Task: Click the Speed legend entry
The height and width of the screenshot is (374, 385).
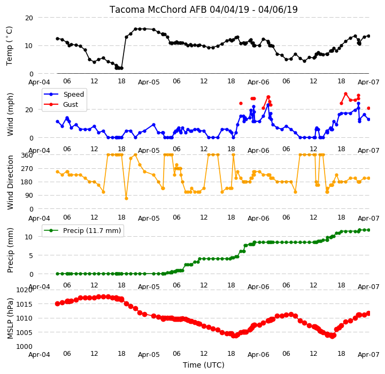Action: coord(64,94)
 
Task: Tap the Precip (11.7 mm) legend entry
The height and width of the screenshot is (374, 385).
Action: coord(82,231)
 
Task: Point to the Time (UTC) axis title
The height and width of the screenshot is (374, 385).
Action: coord(204,365)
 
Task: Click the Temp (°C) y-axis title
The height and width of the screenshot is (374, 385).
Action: coord(9,46)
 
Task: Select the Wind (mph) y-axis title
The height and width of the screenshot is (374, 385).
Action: coord(10,115)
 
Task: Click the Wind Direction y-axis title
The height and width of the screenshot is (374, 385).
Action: coord(10,182)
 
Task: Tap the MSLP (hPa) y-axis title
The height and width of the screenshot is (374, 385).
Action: coord(10,318)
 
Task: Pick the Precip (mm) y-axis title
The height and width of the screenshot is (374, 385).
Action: coord(10,251)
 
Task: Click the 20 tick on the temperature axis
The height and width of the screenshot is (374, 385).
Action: coord(29,18)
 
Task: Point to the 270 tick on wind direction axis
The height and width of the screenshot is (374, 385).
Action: coord(27,169)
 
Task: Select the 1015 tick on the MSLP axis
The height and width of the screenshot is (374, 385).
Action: coord(25,305)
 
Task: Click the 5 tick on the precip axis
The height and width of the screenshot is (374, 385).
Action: coord(31,255)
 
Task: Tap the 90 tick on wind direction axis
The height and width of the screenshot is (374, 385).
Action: coord(29,196)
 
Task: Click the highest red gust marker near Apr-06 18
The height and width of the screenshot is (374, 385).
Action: coord(346,94)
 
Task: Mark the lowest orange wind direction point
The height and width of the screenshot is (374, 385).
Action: coord(126,198)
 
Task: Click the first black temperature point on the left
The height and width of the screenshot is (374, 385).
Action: coord(57,39)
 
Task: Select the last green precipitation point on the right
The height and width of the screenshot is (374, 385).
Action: coord(368,230)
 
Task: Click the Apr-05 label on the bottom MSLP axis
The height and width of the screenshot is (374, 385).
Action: coord(149,355)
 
